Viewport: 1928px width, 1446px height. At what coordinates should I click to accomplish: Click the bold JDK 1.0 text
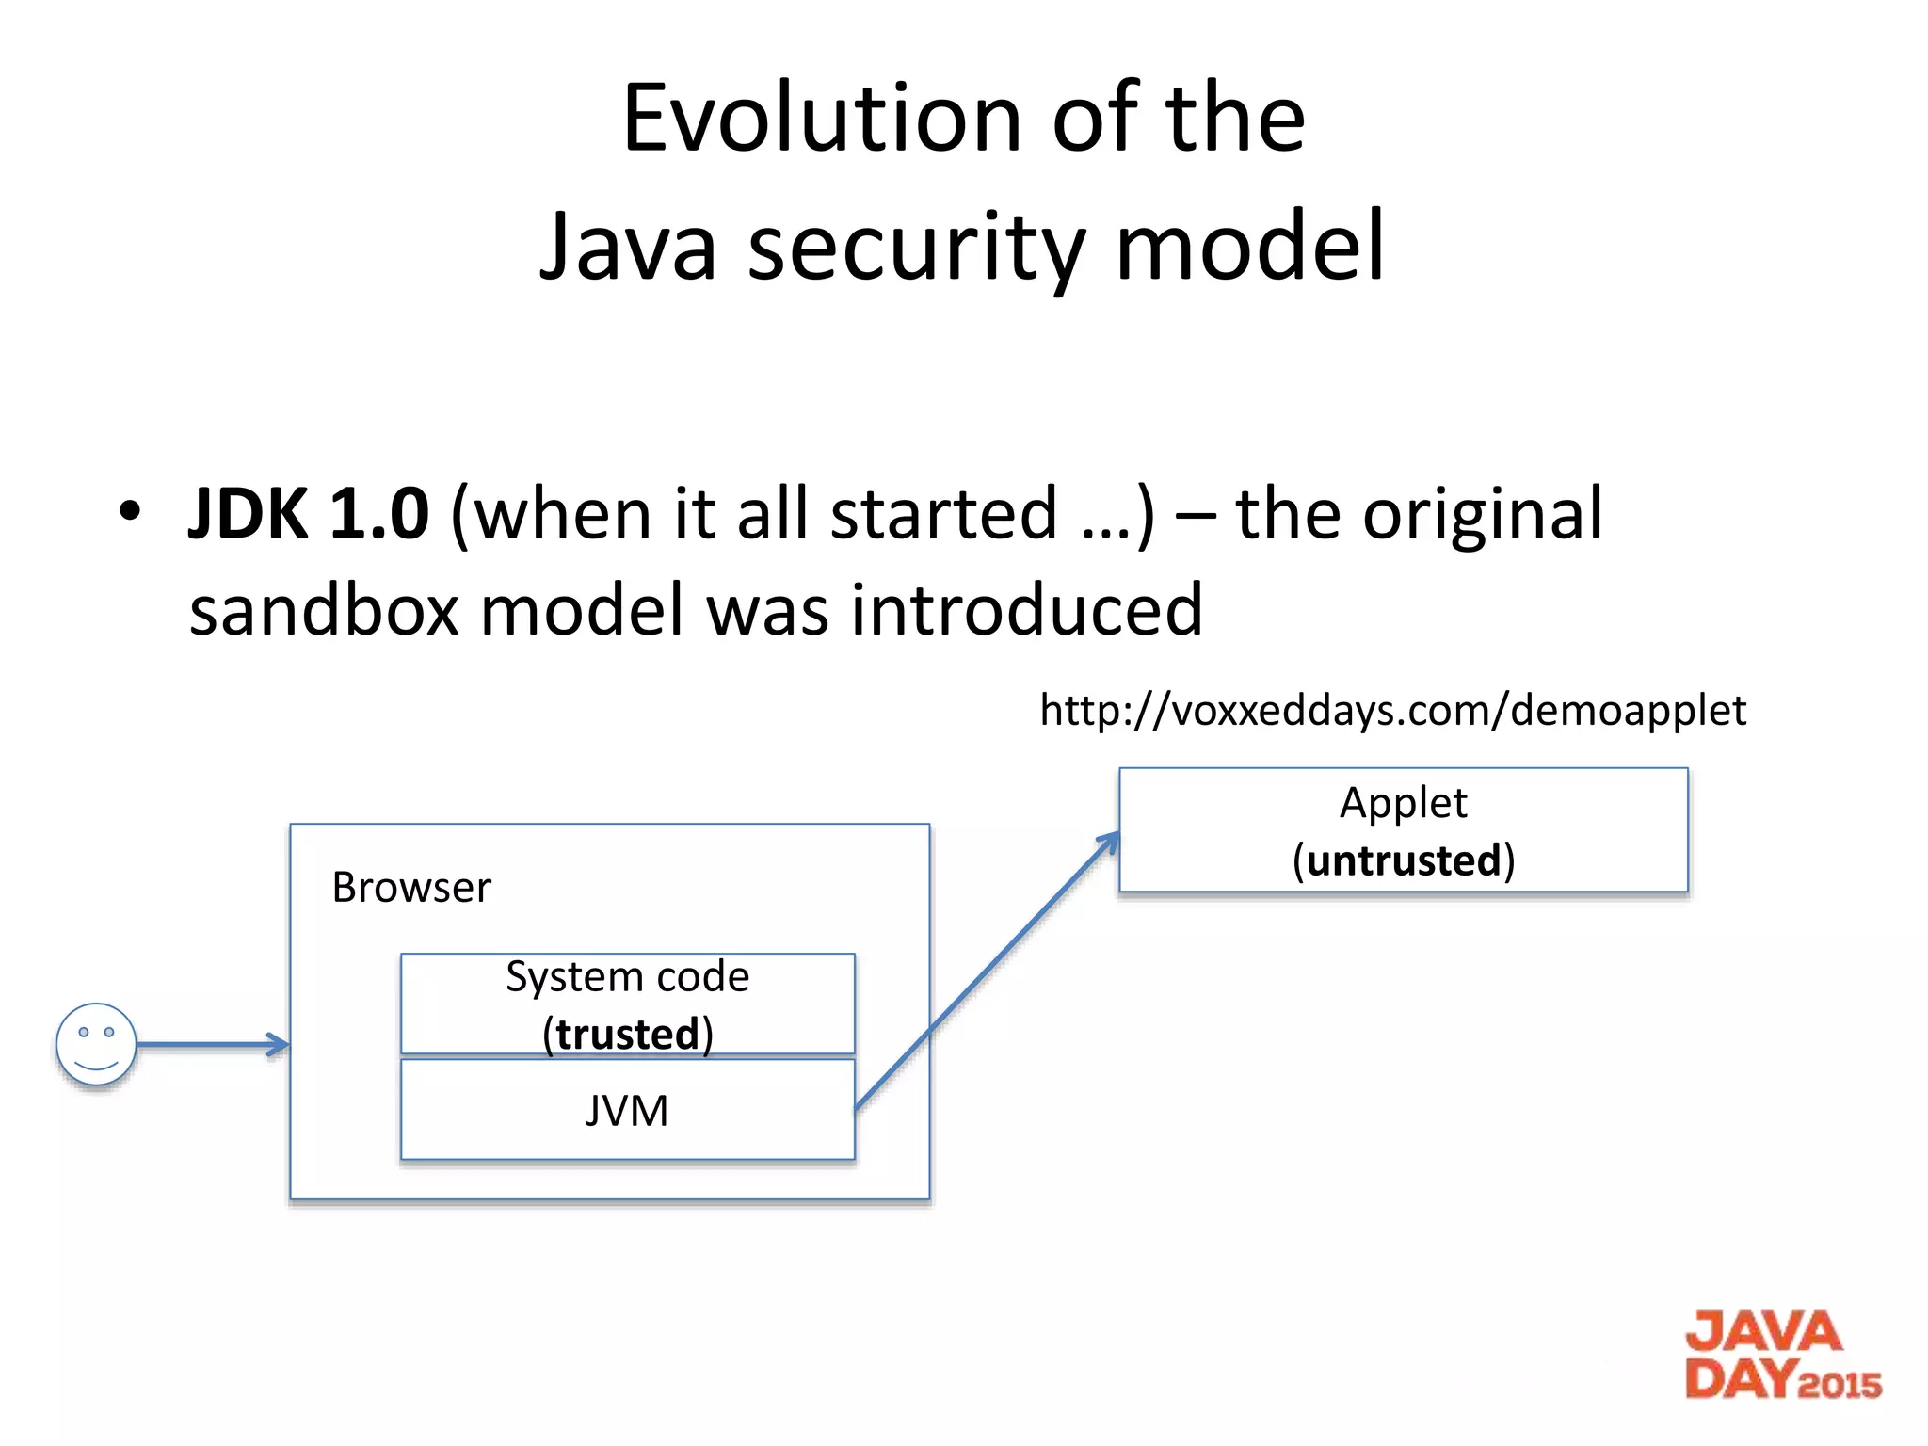coord(309,514)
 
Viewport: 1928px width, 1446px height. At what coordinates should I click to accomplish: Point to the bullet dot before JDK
coord(129,511)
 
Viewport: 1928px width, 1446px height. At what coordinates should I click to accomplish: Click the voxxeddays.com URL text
coord(1392,710)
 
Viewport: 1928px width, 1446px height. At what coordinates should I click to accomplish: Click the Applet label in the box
coord(1403,803)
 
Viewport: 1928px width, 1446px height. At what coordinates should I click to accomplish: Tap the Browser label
coord(411,888)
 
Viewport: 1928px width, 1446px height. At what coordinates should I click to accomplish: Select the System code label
coord(627,976)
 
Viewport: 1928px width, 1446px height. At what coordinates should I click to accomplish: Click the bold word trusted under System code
coord(627,1034)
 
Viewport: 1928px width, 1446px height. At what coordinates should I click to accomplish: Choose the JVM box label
coord(627,1111)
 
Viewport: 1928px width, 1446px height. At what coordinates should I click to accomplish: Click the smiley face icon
coord(96,1043)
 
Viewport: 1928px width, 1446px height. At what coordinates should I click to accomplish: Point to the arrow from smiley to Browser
coord(213,1044)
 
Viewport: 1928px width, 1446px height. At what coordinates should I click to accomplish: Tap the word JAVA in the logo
coord(1763,1333)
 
